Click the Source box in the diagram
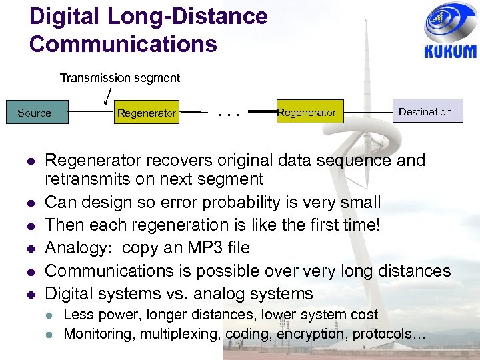(x=34, y=113)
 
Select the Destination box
(x=425, y=111)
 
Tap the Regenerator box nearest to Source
(x=146, y=113)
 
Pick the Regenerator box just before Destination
(x=306, y=113)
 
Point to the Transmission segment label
(x=120, y=78)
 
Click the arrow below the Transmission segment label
(x=107, y=97)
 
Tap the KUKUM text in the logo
(x=451, y=52)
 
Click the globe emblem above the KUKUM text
(x=450, y=23)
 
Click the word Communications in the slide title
(x=123, y=44)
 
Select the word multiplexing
(x=181, y=334)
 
